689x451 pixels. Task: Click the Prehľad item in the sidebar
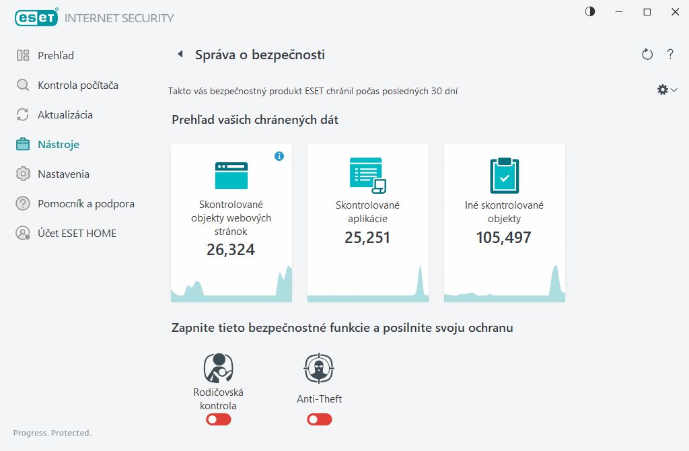[x=55, y=56]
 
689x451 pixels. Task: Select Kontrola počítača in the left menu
[x=77, y=85]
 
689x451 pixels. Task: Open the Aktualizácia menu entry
[x=65, y=115]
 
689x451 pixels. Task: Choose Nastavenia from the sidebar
[x=63, y=174]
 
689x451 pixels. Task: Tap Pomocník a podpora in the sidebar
[x=85, y=204]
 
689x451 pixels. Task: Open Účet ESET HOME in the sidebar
[x=77, y=234]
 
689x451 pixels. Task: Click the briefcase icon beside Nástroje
[x=23, y=145]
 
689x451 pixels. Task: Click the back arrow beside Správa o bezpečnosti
[x=180, y=55]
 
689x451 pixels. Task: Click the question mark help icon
[x=670, y=55]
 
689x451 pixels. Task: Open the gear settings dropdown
[x=666, y=90]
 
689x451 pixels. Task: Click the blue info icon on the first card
[x=279, y=156]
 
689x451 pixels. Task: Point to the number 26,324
[x=231, y=250]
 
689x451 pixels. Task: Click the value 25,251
[x=367, y=238]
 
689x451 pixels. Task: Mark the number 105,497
[x=504, y=238]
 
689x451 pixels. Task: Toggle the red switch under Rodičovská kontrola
[x=219, y=419]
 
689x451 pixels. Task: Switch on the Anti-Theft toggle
[x=320, y=419]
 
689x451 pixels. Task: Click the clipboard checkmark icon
[x=504, y=176]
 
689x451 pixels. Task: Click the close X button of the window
[x=675, y=12]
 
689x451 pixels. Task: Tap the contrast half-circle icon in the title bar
[x=590, y=12]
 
